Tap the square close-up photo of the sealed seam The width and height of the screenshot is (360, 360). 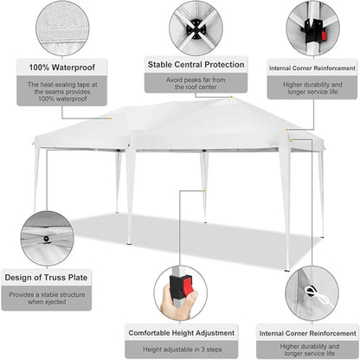point(60,28)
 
